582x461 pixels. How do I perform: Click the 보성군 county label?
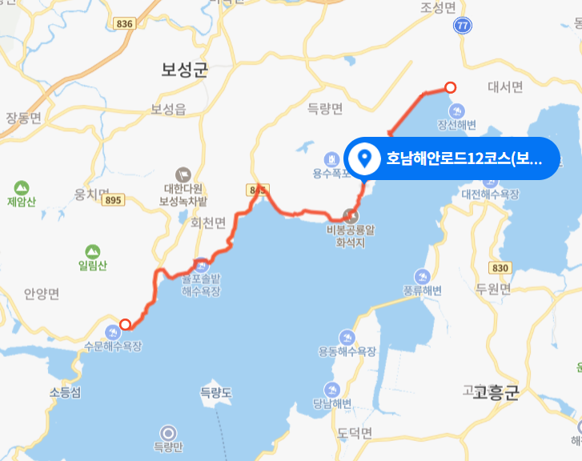(x=184, y=70)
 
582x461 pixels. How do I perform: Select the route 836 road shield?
(x=124, y=24)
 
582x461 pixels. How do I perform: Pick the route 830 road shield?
(x=501, y=267)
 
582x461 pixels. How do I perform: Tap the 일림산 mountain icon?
(x=93, y=251)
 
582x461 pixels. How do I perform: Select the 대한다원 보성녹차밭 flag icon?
(x=183, y=173)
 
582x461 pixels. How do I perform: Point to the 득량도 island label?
(x=215, y=392)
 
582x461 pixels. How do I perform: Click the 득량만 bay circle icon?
(x=168, y=431)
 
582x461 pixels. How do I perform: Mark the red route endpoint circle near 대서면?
(x=450, y=88)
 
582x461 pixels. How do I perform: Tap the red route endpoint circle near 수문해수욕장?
(x=125, y=324)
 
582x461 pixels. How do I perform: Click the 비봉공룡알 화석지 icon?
(x=351, y=214)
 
